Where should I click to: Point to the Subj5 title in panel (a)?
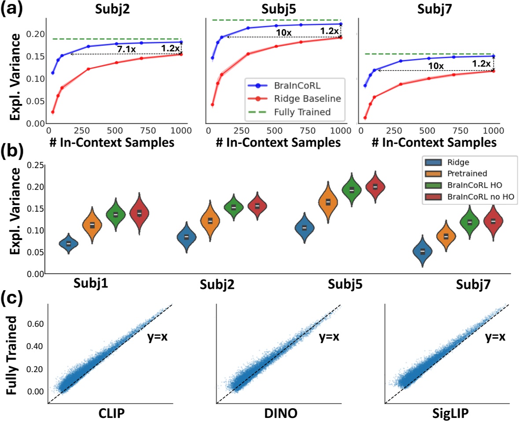[275, 8]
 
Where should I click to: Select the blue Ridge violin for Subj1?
[68, 243]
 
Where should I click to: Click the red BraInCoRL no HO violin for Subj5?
[375, 187]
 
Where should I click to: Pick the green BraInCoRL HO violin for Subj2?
[234, 207]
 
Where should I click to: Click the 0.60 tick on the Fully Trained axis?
[36, 324]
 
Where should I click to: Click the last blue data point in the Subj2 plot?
[181, 42]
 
